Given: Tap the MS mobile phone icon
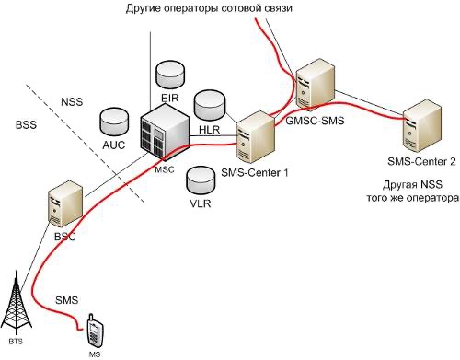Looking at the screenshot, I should click(94, 329).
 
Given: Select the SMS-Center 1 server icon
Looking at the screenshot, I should click(254, 137).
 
